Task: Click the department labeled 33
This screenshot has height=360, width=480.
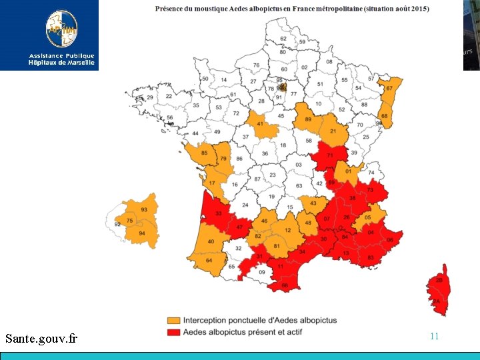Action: point(219,214)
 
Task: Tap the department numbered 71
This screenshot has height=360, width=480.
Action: point(331,157)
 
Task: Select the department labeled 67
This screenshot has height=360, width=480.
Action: point(389,89)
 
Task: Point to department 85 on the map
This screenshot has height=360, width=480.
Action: point(204,154)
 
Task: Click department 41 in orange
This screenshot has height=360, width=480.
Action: point(261,124)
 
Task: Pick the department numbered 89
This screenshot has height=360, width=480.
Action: point(307,119)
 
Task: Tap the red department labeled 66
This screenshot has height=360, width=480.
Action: point(285,285)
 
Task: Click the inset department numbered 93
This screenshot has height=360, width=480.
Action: point(144,210)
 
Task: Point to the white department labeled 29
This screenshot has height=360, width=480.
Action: point(150,97)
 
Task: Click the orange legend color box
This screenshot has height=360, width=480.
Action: point(173,321)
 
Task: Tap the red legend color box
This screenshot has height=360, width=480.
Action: point(173,331)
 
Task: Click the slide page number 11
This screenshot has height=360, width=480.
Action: point(434,336)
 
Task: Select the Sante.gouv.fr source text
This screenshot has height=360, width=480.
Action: point(41,339)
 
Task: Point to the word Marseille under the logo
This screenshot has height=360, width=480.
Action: point(79,63)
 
